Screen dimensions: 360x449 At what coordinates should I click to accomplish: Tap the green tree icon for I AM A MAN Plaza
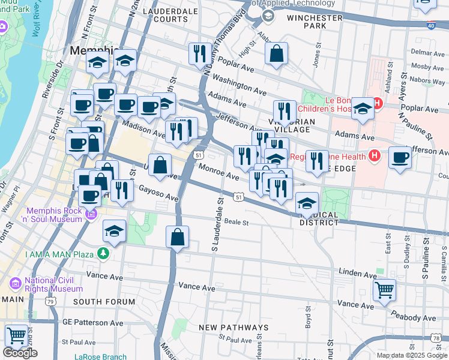click(x=103, y=254)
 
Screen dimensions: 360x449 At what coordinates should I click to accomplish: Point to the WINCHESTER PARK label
click(x=315, y=22)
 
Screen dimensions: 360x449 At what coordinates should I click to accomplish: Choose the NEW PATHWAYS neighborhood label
click(x=234, y=328)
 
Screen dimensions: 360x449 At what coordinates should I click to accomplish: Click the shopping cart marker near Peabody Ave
click(x=384, y=290)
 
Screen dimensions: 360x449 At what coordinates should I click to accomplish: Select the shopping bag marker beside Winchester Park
click(x=276, y=53)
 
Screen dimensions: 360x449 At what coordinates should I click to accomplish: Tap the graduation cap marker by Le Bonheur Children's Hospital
click(x=363, y=109)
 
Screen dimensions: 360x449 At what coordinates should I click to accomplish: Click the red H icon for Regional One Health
click(x=375, y=157)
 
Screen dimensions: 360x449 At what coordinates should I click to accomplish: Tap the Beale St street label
click(x=236, y=221)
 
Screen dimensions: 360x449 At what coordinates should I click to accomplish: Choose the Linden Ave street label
click(x=352, y=273)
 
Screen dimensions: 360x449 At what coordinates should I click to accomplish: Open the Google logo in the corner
click(x=20, y=353)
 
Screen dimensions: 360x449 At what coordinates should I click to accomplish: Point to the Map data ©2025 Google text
click(x=411, y=355)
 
